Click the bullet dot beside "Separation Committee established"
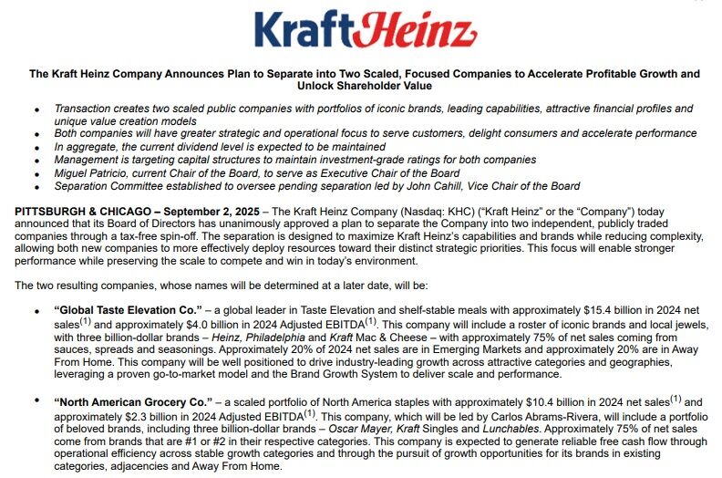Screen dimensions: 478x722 [x=36, y=186]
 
